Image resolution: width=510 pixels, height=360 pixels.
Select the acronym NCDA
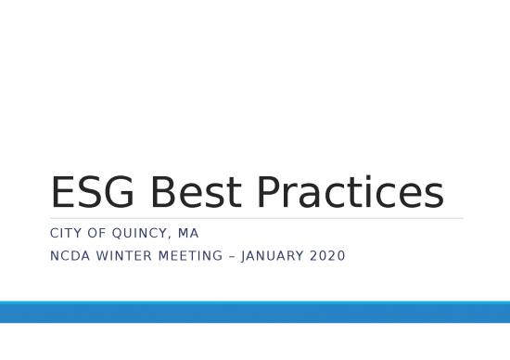pos(70,251)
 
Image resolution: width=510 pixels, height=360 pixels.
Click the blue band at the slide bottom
pos(255,313)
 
